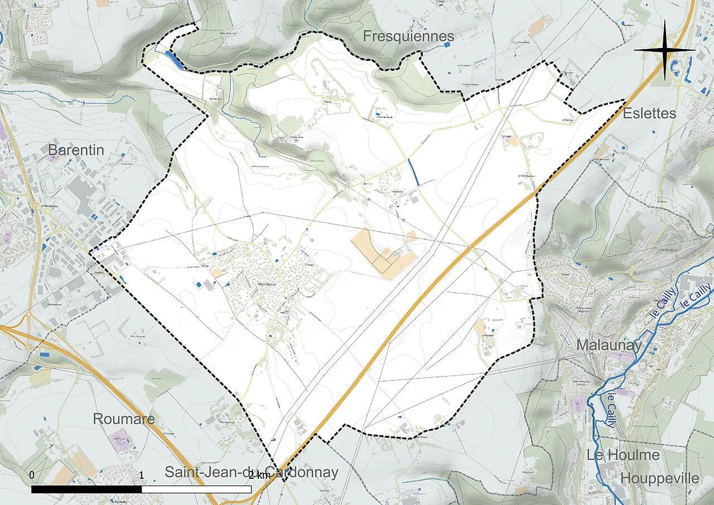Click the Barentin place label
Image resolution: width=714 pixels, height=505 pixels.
[76, 150]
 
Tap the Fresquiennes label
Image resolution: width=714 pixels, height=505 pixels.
[408, 37]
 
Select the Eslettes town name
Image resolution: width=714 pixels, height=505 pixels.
[649, 113]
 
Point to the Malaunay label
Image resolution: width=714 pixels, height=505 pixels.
[609, 345]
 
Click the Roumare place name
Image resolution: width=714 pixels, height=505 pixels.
[123, 419]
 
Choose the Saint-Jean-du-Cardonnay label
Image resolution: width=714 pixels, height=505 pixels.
[251, 472]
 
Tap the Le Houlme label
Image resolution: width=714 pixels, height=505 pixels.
[623, 455]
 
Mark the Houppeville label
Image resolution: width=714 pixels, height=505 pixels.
[659, 478]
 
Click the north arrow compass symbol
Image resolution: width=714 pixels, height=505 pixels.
[664, 50]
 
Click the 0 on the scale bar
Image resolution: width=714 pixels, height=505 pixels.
[32, 475]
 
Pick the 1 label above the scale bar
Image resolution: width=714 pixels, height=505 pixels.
[142, 475]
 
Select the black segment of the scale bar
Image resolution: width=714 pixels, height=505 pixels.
[86, 489]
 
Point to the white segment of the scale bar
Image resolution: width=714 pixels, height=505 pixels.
[196, 489]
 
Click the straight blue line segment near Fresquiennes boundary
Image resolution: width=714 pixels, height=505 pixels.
[414, 172]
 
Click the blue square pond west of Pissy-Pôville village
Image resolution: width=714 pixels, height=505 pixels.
[199, 284]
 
